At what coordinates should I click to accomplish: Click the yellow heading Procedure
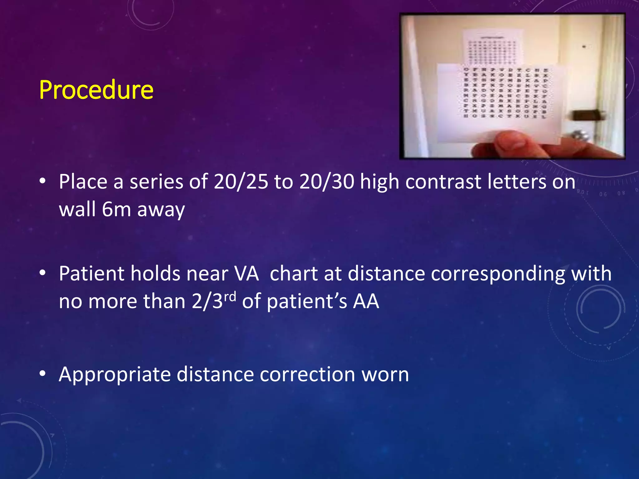tap(96, 90)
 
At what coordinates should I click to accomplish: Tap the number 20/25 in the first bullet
tap(241, 181)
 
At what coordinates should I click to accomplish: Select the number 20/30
tap(326, 181)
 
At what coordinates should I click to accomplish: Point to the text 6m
tap(116, 209)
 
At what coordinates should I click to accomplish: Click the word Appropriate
tap(115, 375)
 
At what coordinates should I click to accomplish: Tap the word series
tap(156, 181)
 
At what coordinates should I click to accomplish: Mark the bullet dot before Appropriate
tap(43, 373)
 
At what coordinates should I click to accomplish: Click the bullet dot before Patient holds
tap(43, 273)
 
